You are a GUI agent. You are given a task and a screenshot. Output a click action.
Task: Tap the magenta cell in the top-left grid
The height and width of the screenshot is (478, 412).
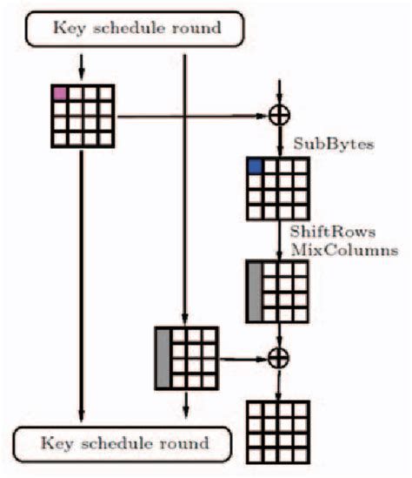pyautogui.click(x=60, y=93)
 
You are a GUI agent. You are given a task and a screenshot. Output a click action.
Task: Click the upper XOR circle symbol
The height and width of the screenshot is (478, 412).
pyautogui.click(x=278, y=116)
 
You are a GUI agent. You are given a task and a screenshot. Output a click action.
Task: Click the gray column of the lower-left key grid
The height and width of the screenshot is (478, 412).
pyautogui.click(x=162, y=357)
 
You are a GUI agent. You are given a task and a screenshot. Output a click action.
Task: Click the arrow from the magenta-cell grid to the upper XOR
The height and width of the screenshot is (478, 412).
pyautogui.click(x=191, y=116)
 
